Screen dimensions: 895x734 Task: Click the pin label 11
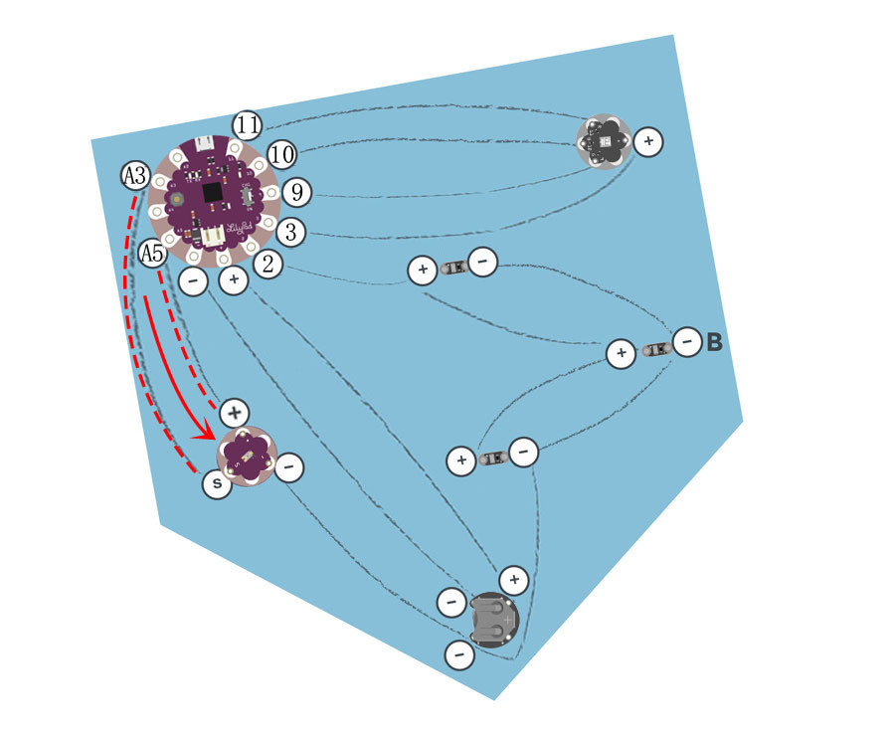[x=248, y=125]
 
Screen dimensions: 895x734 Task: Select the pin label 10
[x=281, y=155]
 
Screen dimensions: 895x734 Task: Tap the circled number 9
[x=296, y=192]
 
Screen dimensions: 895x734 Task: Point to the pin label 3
[x=291, y=233]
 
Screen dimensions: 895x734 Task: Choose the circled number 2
[x=268, y=265]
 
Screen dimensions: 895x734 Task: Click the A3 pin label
[x=136, y=176]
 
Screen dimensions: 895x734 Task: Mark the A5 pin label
[x=152, y=253]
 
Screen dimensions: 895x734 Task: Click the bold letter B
[x=715, y=342]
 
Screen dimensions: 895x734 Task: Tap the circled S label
[x=217, y=484]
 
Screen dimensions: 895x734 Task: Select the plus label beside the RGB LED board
[x=648, y=141]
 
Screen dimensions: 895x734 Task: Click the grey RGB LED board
[x=605, y=141]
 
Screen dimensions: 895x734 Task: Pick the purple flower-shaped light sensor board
[x=248, y=457]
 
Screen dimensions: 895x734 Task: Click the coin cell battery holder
[x=493, y=620]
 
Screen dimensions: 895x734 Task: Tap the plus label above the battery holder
[x=514, y=580]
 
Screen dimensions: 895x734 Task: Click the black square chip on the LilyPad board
[x=214, y=192]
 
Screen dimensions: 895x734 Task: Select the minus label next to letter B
[x=687, y=342]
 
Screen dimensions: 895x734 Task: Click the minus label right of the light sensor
[x=289, y=467]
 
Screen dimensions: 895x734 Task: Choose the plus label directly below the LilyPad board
[x=234, y=280]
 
